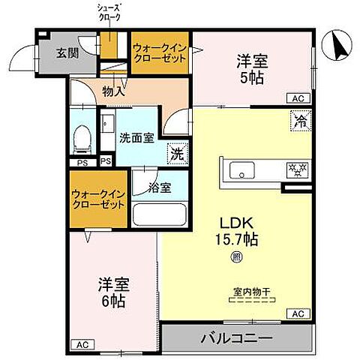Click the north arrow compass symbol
[336, 47]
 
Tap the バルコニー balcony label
[235, 338]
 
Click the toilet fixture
[83, 138]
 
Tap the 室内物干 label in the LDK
[251, 292]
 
